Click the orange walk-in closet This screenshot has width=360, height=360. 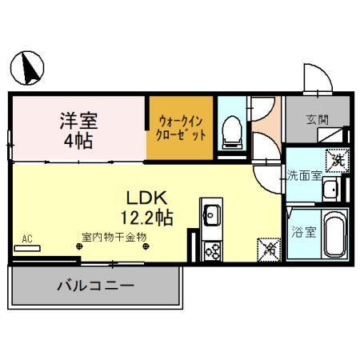click(180, 127)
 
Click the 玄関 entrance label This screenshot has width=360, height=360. click(317, 120)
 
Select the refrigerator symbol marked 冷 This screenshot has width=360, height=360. click(270, 248)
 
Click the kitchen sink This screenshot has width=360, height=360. click(212, 214)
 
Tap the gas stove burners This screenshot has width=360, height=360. click(213, 251)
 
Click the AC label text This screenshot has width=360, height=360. click(27, 238)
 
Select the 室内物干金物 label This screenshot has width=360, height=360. click(113, 238)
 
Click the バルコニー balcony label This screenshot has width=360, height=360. click(94, 285)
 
